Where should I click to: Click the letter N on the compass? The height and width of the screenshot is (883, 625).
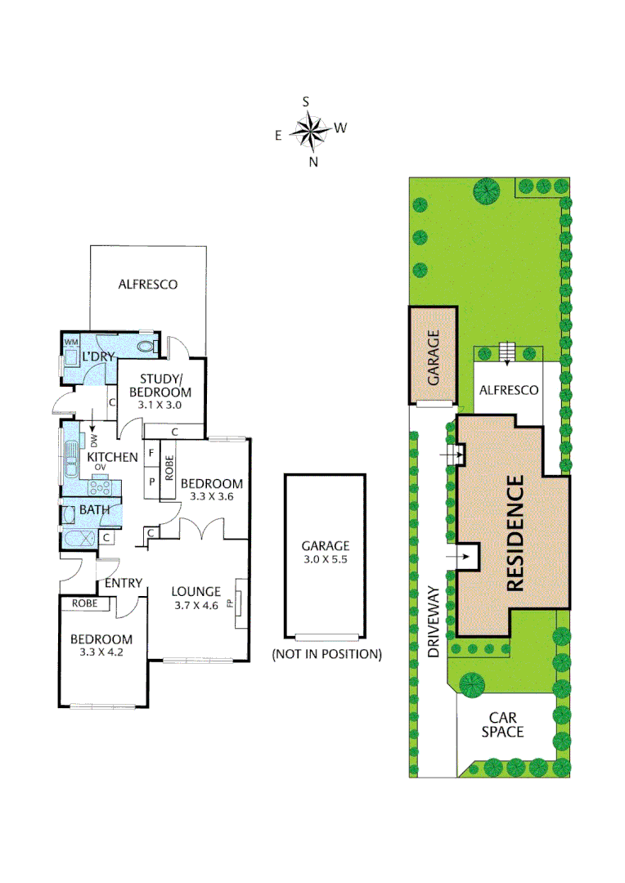[x=312, y=162]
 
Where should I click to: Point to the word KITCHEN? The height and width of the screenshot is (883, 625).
[x=112, y=457]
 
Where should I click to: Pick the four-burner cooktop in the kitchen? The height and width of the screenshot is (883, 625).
[x=101, y=487]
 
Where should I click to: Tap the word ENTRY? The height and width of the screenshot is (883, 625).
[x=124, y=583]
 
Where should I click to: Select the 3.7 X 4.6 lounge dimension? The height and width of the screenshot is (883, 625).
[x=196, y=605]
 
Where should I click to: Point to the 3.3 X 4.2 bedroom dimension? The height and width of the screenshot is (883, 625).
[x=100, y=652]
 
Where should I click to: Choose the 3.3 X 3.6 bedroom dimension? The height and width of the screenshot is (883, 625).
[x=211, y=495]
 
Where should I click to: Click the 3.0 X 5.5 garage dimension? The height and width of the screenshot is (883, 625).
[x=325, y=559]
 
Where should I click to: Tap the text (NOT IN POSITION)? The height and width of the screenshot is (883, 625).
[x=326, y=654]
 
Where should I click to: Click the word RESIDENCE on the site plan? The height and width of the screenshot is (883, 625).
[x=515, y=534]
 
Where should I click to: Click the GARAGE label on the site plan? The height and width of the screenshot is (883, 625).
[x=434, y=356]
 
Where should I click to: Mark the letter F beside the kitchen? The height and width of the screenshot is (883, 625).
[x=151, y=452]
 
